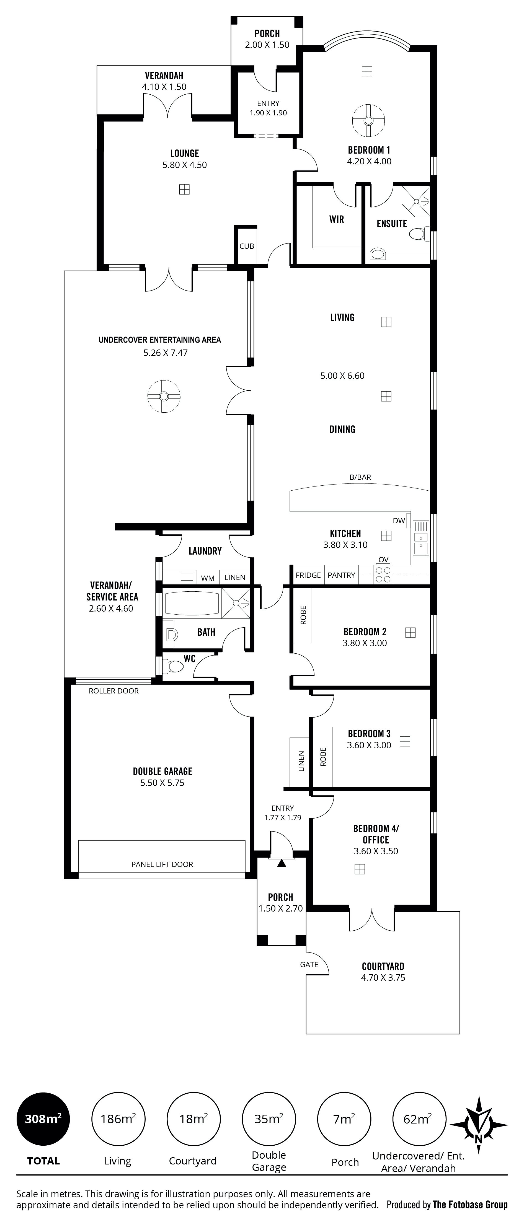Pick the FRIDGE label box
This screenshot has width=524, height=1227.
(308, 575)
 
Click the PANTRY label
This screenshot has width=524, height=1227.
(341, 575)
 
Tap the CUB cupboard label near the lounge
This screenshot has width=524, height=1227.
(247, 246)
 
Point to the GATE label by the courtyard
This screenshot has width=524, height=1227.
(309, 965)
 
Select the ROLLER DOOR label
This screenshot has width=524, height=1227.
(114, 691)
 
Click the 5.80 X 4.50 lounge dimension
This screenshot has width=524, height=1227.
(185, 165)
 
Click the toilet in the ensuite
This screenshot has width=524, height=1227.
(419, 233)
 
